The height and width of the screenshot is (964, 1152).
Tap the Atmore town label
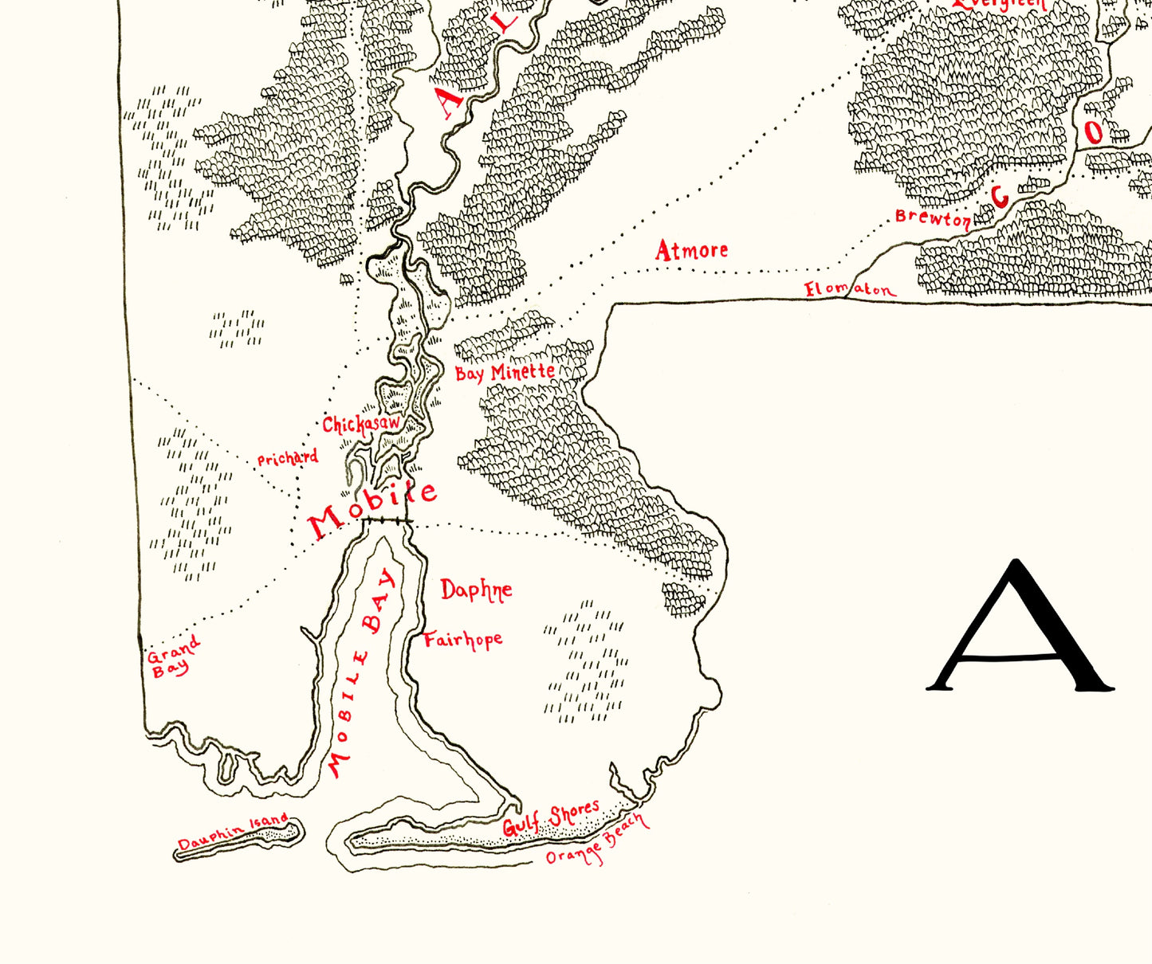pyautogui.click(x=691, y=251)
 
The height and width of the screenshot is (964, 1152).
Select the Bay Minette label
pyautogui.click(x=505, y=373)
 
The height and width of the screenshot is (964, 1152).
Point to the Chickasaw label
pyautogui.click(x=360, y=424)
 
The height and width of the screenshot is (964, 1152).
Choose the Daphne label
pyautogui.click(x=476, y=590)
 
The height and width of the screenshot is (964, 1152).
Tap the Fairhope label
pyautogui.click(x=462, y=640)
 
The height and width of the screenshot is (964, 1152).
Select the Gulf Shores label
pyautogui.click(x=550, y=819)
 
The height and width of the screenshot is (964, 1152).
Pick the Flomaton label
pyautogui.click(x=849, y=290)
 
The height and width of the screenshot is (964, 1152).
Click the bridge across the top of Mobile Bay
pyautogui.click(x=387, y=521)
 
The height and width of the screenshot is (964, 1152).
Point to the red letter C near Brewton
pyautogui.click(x=1000, y=196)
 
